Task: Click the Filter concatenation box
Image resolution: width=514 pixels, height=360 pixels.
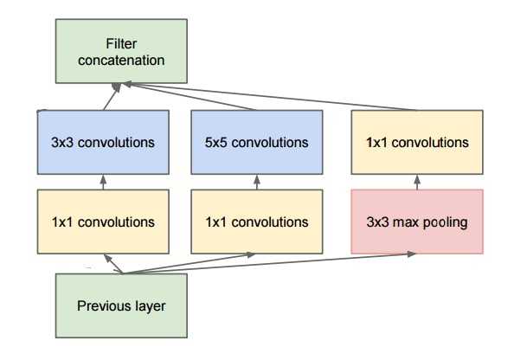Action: click(x=121, y=51)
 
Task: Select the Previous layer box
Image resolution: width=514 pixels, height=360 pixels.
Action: click(x=121, y=305)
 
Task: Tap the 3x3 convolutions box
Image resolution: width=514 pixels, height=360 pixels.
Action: click(x=103, y=142)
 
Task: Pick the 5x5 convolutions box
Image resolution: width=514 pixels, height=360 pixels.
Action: click(x=257, y=142)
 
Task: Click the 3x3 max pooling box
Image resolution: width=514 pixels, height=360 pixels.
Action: click(x=417, y=222)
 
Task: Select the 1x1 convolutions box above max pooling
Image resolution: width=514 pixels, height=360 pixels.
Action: click(x=417, y=142)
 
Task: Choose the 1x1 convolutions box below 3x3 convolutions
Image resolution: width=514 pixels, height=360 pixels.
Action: click(x=103, y=222)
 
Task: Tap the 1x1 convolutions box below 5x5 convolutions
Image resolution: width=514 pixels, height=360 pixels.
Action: click(x=257, y=222)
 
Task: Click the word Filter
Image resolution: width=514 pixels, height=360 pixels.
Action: click(x=121, y=43)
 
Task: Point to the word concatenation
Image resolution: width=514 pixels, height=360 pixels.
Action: click(x=121, y=61)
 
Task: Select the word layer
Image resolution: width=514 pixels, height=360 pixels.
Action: click(x=150, y=306)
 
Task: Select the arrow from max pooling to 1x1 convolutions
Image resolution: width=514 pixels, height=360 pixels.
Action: click(x=417, y=182)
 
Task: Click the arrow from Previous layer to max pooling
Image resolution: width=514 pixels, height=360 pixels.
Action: click(x=269, y=263)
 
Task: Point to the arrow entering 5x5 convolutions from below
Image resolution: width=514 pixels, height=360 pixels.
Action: click(x=257, y=182)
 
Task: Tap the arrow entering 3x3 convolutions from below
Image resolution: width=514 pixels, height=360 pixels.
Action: click(x=103, y=182)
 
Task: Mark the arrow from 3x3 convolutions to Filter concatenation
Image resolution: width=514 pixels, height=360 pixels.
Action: click(x=112, y=96)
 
